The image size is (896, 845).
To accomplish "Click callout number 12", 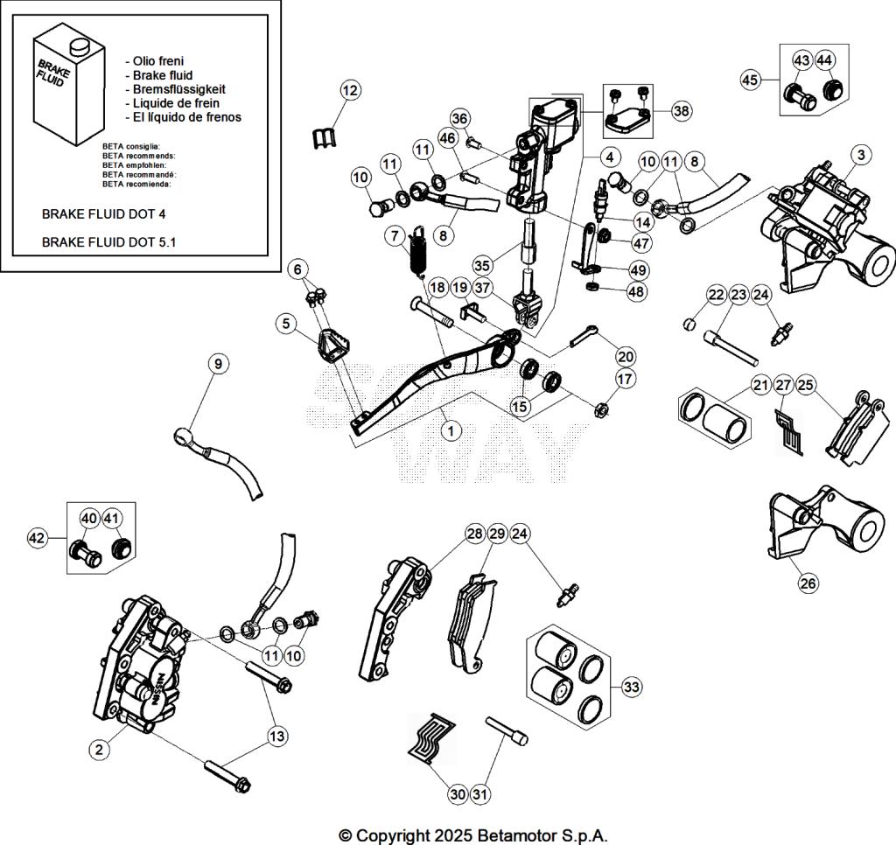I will tap(350, 90).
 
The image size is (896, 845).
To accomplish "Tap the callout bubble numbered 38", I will tap(682, 110).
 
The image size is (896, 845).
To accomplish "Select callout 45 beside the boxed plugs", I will tap(750, 80).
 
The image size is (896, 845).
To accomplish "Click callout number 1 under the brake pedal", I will tap(451, 429).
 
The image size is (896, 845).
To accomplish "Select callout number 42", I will tap(38, 537).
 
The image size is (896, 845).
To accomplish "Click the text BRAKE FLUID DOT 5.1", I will tap(108, 242).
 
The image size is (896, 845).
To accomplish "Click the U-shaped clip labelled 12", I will tap(324, 136).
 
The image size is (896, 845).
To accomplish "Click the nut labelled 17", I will tap(601, 408).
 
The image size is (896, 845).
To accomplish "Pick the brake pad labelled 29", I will tap(466, 623).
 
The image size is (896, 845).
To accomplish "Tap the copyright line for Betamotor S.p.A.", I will tap(472, 835).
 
